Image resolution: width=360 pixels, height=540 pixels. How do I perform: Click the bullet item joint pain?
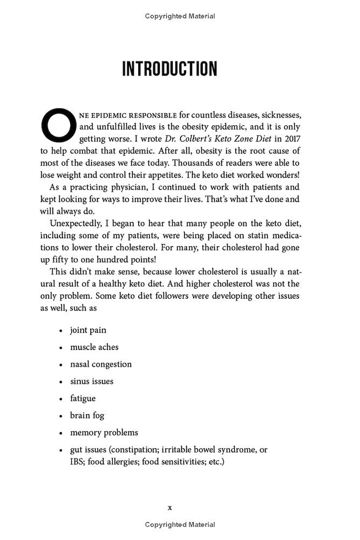(88, 330)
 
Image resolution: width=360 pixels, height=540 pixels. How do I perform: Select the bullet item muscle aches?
(94, 347)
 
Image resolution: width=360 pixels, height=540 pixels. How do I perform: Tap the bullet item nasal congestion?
(100, 364)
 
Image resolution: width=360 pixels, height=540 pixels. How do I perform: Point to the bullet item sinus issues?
(91, 381)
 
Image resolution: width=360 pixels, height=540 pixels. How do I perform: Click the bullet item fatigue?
(83, 399)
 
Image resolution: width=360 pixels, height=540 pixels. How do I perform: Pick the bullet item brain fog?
(87, 415)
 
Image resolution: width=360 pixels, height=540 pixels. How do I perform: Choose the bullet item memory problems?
(104, 433)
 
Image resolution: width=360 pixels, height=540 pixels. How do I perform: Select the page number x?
(169, 508)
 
